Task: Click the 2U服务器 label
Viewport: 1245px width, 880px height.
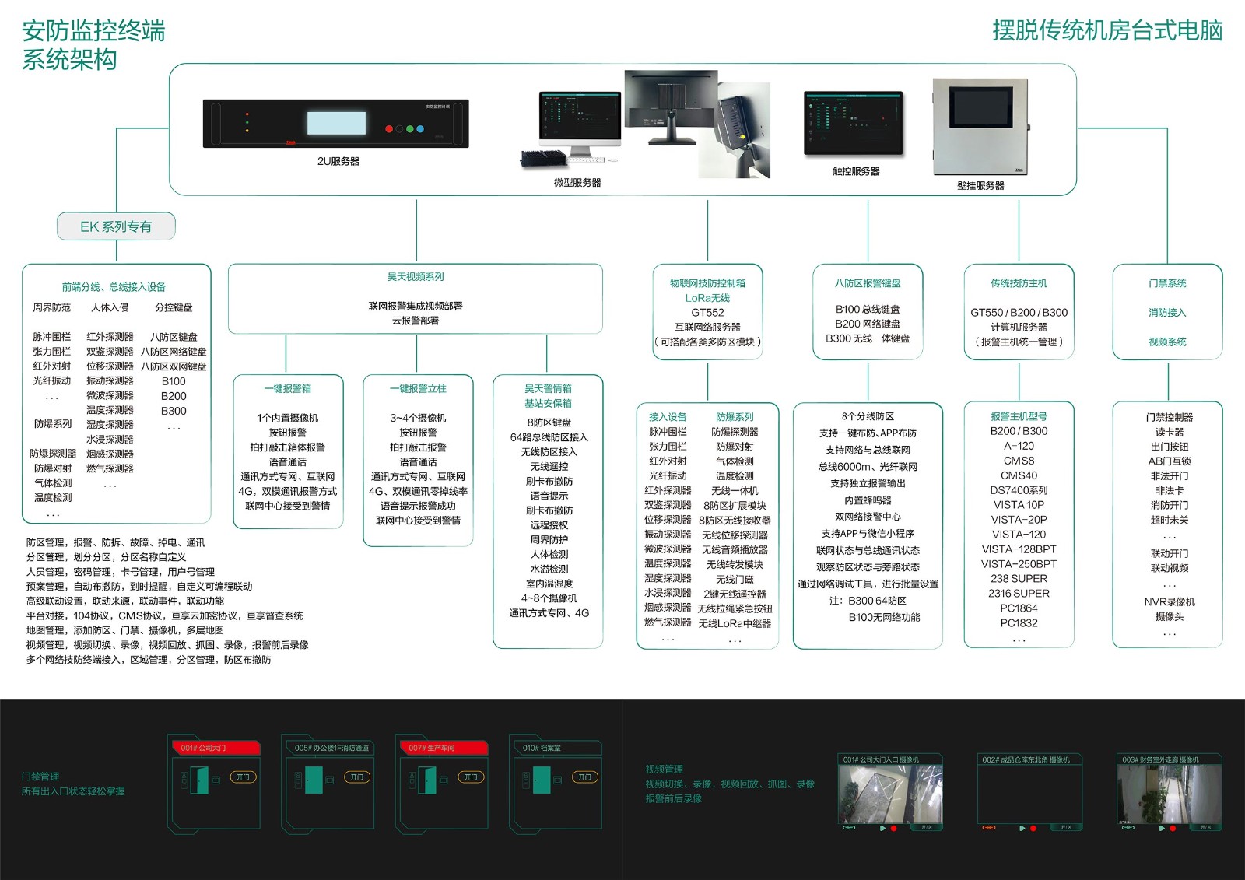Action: pos(338,161)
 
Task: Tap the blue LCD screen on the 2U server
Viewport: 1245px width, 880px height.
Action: pos(336,123)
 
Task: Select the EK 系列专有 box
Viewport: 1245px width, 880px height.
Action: pos(116,226)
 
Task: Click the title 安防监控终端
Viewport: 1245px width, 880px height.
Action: pos(93,31)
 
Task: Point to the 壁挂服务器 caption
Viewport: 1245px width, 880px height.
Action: pos(980,185)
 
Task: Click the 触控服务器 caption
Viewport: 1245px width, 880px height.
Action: pos(856,171)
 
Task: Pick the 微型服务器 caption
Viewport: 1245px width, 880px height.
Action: pos(577,182)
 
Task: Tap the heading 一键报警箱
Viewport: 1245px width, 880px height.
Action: pos(287,388)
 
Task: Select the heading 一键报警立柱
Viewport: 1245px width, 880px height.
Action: pos(418,388)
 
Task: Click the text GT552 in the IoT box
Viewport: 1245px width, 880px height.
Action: pos(707,312)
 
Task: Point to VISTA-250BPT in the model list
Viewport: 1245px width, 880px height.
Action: pos(1019,564)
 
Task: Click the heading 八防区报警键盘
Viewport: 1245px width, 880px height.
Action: pos(868,283)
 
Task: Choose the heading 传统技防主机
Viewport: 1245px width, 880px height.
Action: pos(1019,283)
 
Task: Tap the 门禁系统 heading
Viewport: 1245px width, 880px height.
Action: pos(1167,283)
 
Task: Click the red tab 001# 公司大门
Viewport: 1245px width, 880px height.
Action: pos(214,748)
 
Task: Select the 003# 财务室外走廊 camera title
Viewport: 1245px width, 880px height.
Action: pos(1160,759)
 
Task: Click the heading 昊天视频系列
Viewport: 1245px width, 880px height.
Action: pos(416,277)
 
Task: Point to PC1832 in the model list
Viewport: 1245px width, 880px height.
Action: pos(1019,622)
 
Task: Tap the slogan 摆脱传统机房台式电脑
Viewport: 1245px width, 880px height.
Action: pos(1106,31)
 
